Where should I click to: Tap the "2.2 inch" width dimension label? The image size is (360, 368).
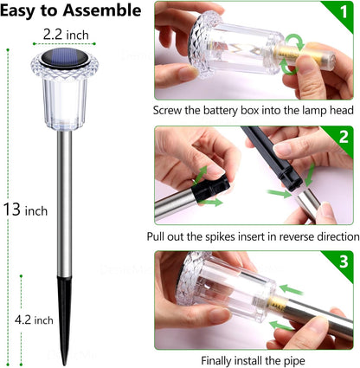tap(64, 35)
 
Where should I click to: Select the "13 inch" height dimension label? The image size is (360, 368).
tap(23, 210)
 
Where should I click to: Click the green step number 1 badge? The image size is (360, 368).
tap(345, 13)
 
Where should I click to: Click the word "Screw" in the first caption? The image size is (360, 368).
tap(170, 111)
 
